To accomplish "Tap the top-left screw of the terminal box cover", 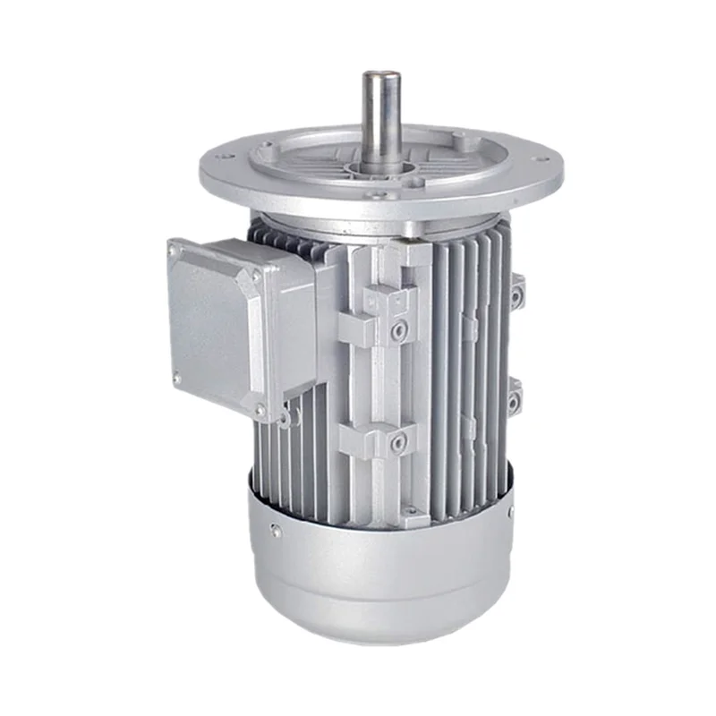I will click(x=173, y=253).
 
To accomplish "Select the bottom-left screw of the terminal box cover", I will click(x=176, y=379).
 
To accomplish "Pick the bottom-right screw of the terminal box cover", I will click(x=260, y=410).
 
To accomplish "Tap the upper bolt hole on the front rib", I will click(x=397, y=332).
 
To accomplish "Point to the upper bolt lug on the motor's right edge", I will click(x=516, y=293).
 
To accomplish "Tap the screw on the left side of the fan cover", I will click(x=277, y=531).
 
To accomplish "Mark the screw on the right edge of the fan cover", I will click(x=511, y=513).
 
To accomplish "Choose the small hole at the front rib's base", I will click(x=411, y=513).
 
